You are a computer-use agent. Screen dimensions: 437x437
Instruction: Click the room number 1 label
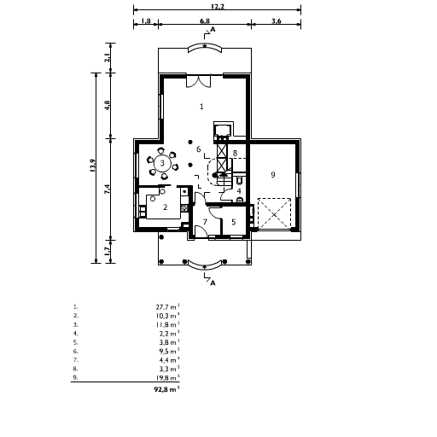pyautogui.click(x=201, y=107)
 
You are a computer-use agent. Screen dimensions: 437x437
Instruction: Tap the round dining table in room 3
pyautogui.click(x=161, y=163)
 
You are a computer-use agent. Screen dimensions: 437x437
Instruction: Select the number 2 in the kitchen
pyautogui.click(x=165, y=207)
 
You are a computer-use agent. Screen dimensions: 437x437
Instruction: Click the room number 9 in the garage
pyautogui.click(x=272, y=175)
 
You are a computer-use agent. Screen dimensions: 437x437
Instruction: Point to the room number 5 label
pyautogui.click(x=234, y=222)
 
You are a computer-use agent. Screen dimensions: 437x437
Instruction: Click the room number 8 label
pyautogui.click(x=235, y=153)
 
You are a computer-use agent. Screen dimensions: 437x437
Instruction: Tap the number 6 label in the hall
pyautogui.click(x=198, y=149)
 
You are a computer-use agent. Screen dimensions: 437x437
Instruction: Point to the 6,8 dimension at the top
pyautogui.click(x=205, y=20)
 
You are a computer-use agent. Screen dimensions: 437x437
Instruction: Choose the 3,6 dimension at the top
pyautogui.click(x=277, y=20)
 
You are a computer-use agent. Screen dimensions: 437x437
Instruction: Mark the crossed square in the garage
pyautogui.click(x=274, y=213)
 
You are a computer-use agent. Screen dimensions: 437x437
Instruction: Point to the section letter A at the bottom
pyautogui.click(x=213, y=281)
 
